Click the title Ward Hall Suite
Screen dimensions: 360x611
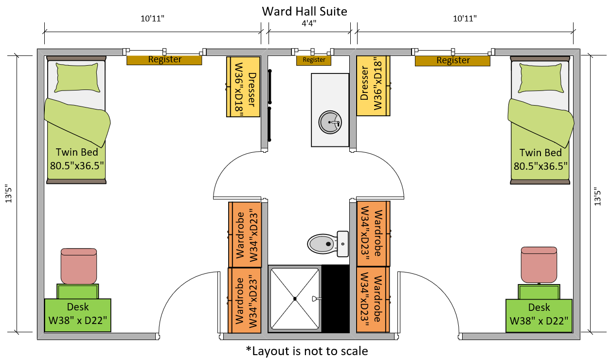(305, 11)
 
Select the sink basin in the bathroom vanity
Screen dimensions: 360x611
(330, 122)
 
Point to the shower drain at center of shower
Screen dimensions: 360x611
(295, 298)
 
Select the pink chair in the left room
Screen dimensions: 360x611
(78, 266)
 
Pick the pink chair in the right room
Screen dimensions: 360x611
(539, 265)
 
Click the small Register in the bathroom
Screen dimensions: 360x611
(314, 60)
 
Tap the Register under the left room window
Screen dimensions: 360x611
(164, 60)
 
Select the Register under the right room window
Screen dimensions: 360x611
(452, 60)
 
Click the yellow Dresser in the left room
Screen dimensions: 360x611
(243, 87)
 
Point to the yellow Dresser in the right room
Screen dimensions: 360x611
(373, 86)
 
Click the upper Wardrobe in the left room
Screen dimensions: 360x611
(245, 234)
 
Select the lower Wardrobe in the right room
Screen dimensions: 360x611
(373, 299)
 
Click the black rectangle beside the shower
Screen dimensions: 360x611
(335, 298)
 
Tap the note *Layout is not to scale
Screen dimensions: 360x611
(306, 350)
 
